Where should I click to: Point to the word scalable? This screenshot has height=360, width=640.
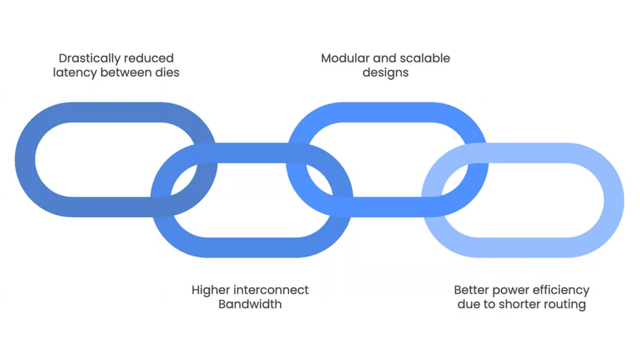[425, 58]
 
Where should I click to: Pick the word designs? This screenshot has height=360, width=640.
[386, 73]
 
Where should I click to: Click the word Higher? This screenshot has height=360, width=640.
[211, 291]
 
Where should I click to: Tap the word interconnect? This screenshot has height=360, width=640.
[271, 290]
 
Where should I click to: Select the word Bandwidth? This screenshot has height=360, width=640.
[250, 304]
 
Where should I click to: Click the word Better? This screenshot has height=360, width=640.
[471, 290]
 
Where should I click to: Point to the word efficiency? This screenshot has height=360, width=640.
[561, 291]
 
